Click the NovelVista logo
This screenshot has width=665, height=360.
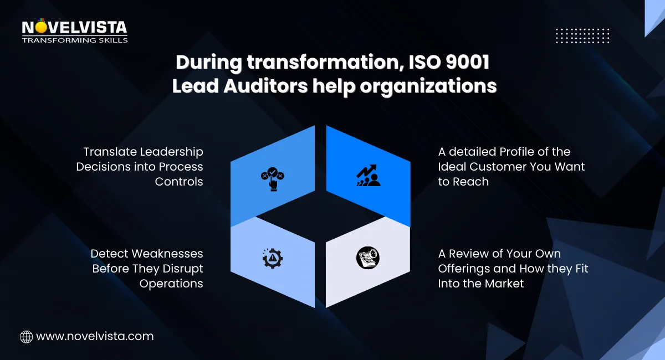click(x=74, y=28)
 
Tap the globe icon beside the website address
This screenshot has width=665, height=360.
click(x=26, y=336)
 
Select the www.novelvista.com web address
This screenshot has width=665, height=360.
click(x=95, y=336)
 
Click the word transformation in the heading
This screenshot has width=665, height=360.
click(x=310, y=63)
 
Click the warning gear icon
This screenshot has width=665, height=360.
click(x=272, y=258)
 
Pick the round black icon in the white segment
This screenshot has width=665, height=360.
click(x=368, y=258)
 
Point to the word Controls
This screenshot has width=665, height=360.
click(x=179, y=182)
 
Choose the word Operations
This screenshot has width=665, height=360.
click(x=171, y=284)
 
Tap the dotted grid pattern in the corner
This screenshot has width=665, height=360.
click(x=582, y=35)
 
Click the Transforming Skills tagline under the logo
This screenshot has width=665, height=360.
click(x=75, y=40)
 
